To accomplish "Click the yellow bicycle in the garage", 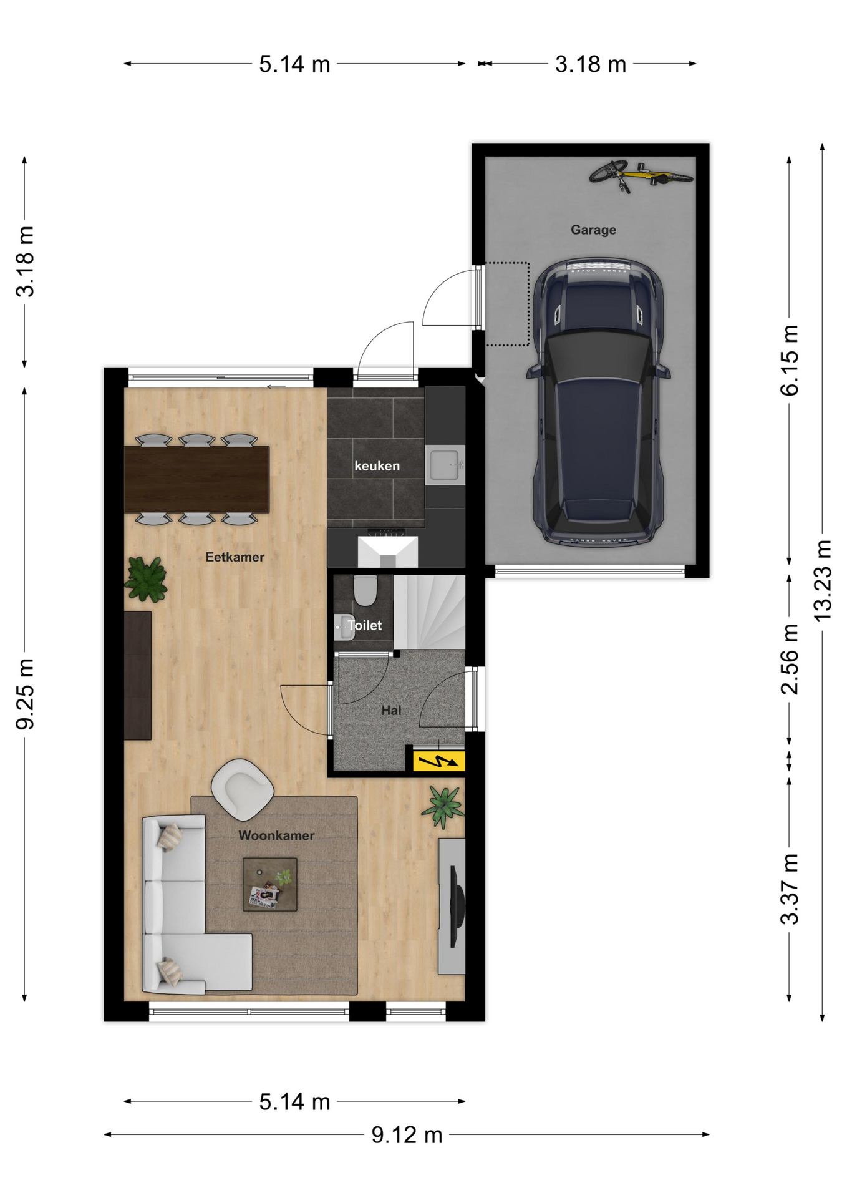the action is click(x=641, y=175).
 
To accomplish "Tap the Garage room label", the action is click(x=593, y=230).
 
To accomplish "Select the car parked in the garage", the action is click(x=598, y=403).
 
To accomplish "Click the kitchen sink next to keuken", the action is click(x=445, y=465).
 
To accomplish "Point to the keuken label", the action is click(x=377, y=466).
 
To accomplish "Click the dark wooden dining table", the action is click(x=196, y=479).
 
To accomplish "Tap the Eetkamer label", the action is click(x=235, y=557).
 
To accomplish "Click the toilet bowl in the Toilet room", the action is click(x=365, y=590).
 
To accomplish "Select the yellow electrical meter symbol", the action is click(x=439, y=761).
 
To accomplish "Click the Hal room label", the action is click(x=391, y=710).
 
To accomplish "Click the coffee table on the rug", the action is click(x=270, y=884).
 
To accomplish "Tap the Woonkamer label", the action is click(x=276, y=835).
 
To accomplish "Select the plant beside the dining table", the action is click(x=146, y=579).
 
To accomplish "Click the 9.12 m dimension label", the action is click(x=407, y=1135).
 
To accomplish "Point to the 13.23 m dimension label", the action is click(x=823, y=580).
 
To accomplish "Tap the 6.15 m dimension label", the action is click(x=790, y=360).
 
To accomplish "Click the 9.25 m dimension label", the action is click(x=25, y=694).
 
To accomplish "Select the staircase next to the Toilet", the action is click(x=430, y=612).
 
